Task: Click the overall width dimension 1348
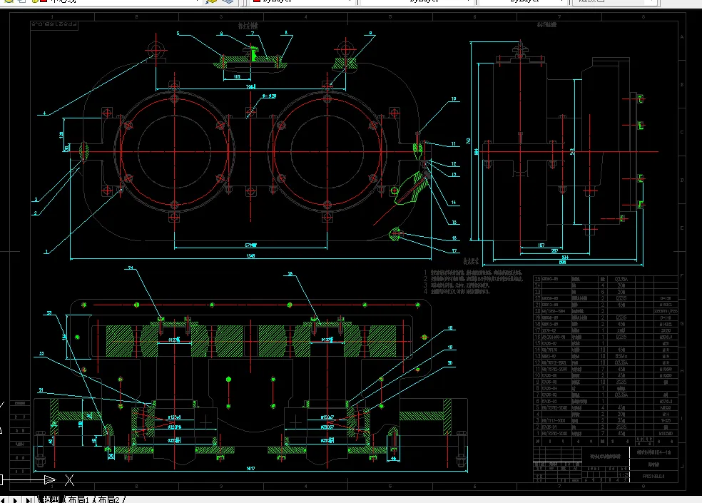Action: tap(250, 255)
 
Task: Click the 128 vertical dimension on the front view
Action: tap(61, 133)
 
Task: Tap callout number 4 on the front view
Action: tap(44, 113)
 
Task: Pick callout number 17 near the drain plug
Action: tap(454, 250)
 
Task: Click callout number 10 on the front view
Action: tap(452, 99)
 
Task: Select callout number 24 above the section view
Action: tap(131, 268)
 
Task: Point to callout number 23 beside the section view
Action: tap(49, 313)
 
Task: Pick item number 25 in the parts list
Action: tap(538, 279)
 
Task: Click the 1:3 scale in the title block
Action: tap(622, 474)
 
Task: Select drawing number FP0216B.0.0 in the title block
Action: tap(649, 473)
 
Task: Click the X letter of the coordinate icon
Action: tap(69, 479)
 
